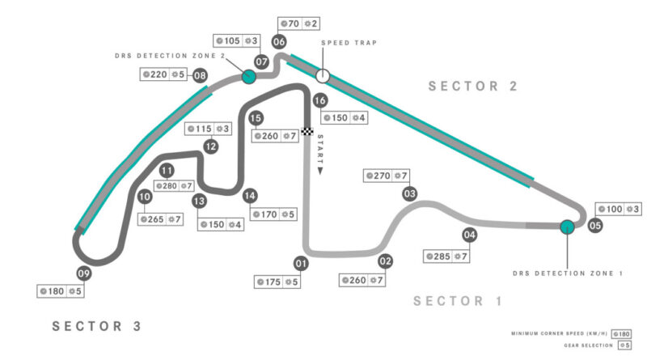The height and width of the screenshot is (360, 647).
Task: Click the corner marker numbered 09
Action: point(82,273)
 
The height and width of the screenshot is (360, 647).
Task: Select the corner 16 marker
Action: point(320,100)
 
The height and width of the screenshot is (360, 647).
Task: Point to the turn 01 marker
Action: point(301,263)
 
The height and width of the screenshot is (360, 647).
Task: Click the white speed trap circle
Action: point(323,76)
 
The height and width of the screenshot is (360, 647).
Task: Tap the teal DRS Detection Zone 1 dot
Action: point(567,227)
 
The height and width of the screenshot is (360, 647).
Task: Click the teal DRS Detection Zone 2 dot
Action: point(249,77)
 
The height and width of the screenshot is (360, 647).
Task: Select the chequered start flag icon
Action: point(307,131)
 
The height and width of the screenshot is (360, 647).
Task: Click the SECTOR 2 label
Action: point(473,87)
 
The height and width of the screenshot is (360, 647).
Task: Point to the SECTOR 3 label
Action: point(97,326)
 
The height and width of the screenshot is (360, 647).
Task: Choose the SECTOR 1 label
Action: point(458,301)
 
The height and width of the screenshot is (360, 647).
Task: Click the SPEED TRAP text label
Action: point(349,43)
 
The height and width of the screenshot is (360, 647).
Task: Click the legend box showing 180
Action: point(620,332)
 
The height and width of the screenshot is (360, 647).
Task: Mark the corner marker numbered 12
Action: point(210,146)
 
